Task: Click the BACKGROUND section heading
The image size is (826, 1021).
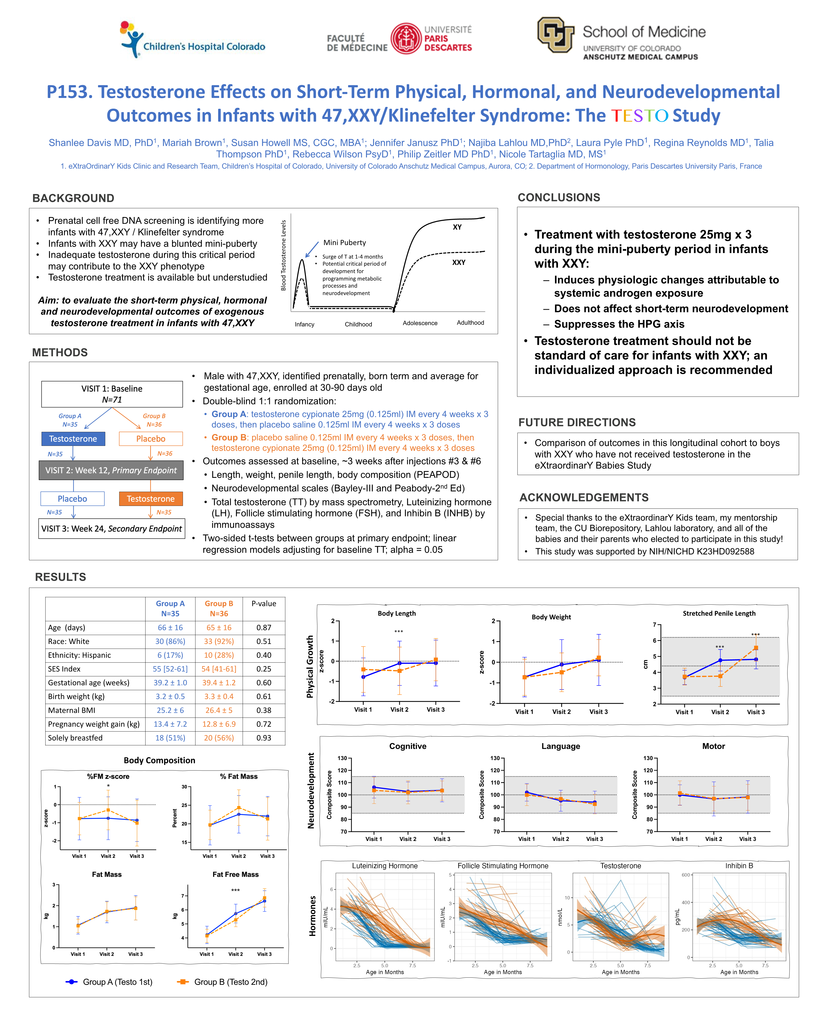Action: [x=73, y=198]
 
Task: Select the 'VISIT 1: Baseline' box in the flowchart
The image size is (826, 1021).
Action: [x=112, y=394]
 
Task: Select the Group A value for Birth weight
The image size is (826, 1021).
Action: [x=170, y=696]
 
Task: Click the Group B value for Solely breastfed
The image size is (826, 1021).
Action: [x=219, y=738]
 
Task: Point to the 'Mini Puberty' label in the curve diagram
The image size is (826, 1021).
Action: [x=344, y=243]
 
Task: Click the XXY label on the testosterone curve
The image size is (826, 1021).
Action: [x=459, y=262]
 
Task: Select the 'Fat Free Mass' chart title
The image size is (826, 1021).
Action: [x=236, y=874]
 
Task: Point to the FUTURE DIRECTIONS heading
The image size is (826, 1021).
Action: [x=577, y=422]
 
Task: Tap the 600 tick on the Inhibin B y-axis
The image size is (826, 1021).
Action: [x=686, y=875]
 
